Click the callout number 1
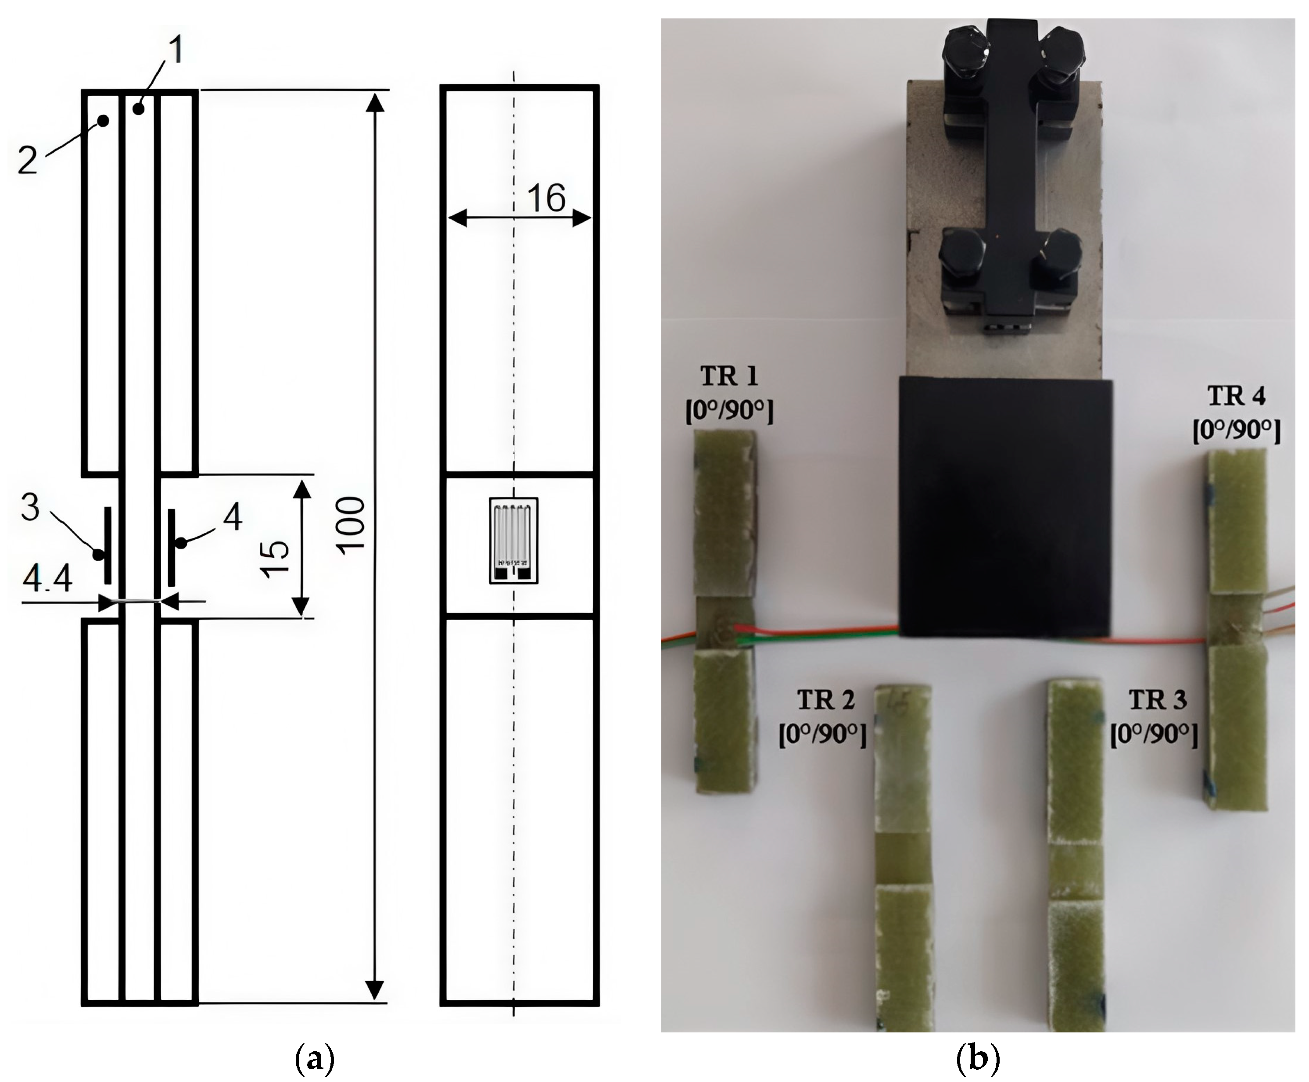pyautogui.click(x=177, y=50)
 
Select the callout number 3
pyautogui.click(x=30, y=507)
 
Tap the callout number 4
pyautogui.click(x=233, y=517)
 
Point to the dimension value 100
pyautogui.click(x=353, y=523)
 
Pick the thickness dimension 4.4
pyautogui.click(x=47, y=580)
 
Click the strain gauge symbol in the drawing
pyautogui.click(x=513, y=541)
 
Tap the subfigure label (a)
pyautogui.click(x=313, y=1059)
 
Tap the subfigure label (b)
pyautogui.click(x=977, y=1059)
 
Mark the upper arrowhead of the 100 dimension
pyautogui.click(x=374, y=103)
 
